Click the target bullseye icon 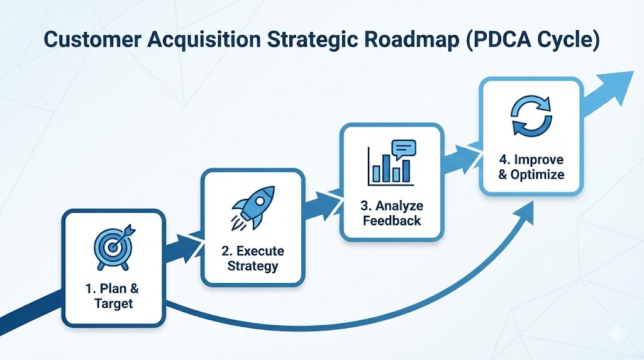(114, 245)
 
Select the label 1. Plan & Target (114, 296)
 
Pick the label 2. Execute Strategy (252, 258)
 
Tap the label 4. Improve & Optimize (531, 167)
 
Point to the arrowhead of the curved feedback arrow (526, 215)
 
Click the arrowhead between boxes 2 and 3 (328, 202)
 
